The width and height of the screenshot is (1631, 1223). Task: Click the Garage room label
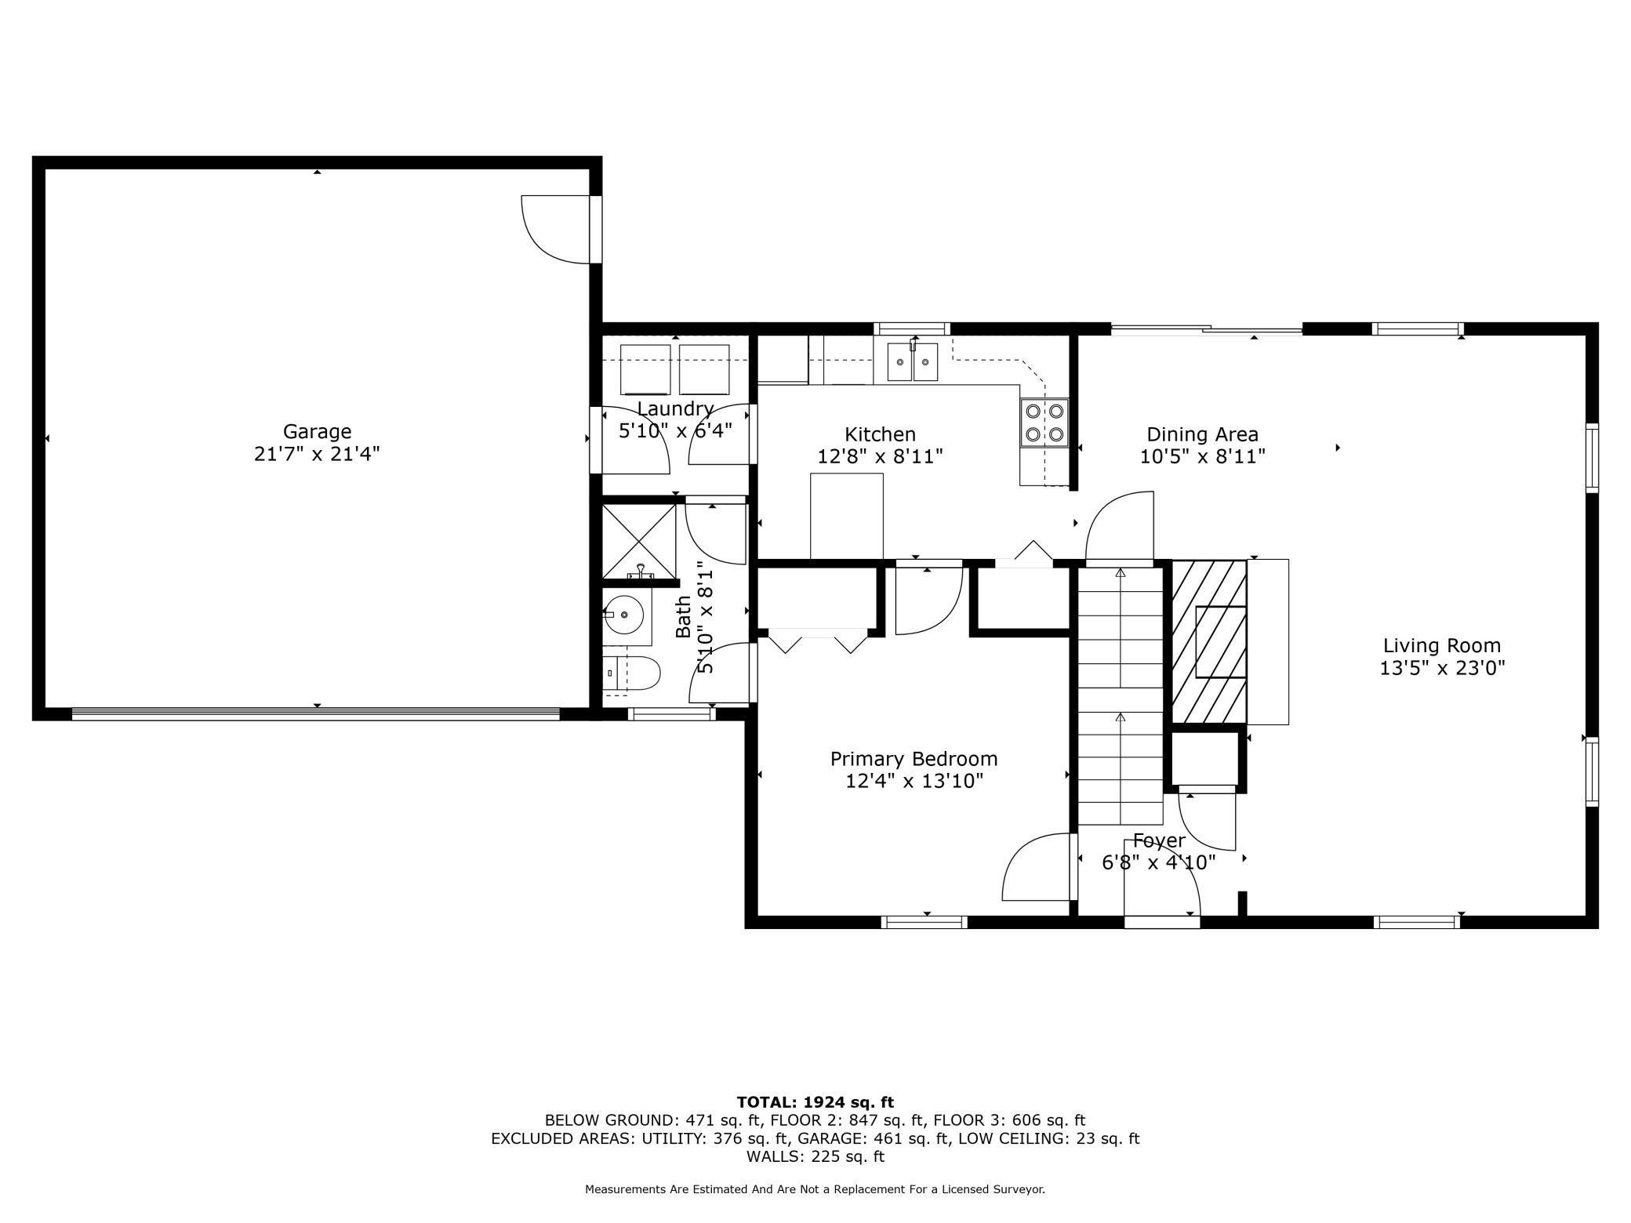point(317,431)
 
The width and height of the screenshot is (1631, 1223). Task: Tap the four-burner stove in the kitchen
point(1044,423)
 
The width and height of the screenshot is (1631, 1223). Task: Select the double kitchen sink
point(912,362)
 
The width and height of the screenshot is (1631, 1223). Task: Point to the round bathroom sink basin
point(627,615)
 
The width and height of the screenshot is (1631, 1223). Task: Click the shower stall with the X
point(639,541)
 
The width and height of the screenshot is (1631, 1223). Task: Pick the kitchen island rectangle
point(846,515)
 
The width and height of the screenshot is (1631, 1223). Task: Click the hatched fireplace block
point(1208,641)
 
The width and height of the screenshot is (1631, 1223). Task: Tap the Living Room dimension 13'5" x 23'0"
point(1441,668)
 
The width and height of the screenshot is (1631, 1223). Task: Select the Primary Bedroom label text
point(914,758)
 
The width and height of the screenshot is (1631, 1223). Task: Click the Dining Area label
point(1202,434)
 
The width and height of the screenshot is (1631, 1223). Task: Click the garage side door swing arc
point(554,229)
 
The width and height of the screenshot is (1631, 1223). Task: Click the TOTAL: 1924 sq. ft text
point(815,1102)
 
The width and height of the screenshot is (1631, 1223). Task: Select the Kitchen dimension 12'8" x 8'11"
point(880,456)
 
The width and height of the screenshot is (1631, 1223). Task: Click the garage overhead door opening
point(315,713)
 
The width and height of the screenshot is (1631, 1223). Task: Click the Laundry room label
point(674,408)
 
